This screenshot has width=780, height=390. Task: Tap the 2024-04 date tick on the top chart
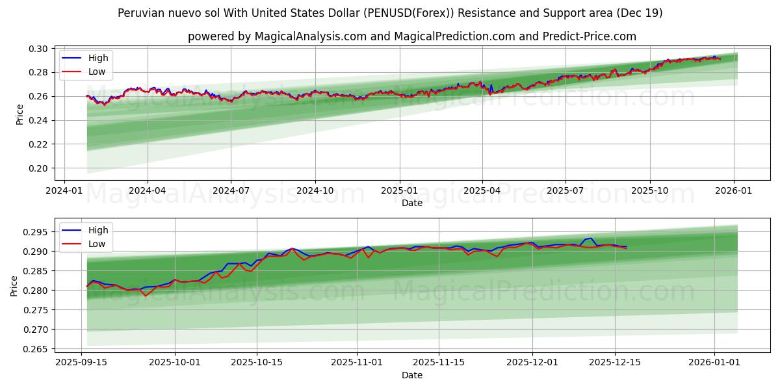[x=148, y=190]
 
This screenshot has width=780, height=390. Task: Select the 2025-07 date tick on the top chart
[x=565, y=190]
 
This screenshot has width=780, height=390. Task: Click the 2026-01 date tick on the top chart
[x=734, y=190]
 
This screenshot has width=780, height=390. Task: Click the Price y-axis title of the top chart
[x=19, y=114]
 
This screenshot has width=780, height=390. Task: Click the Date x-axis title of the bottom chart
[x=411, y=375]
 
